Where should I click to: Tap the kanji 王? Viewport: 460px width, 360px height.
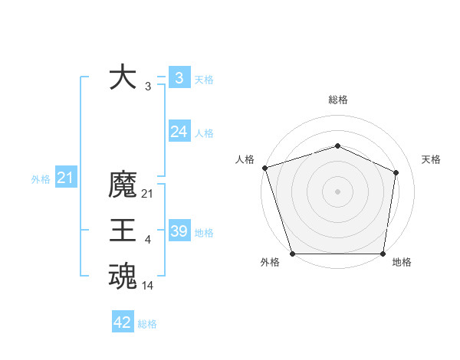(x=123, y=231)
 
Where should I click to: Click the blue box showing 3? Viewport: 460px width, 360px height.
(x=179, y=78)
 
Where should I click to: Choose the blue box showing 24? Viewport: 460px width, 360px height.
(x=179, y=132)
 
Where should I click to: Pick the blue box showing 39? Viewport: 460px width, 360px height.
(x=179, y=231)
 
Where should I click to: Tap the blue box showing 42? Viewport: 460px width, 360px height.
(x=122, y=322)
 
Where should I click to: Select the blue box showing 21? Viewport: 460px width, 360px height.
(x=65, y=178)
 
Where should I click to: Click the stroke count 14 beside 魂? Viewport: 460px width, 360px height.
(x=148, y=286)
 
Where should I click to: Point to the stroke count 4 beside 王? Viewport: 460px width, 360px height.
(x=148, y=240)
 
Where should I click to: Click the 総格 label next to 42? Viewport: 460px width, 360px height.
(x=147, y=323)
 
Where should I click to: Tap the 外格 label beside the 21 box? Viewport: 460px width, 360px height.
(x=41, y=179)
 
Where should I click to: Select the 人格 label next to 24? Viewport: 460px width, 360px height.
(x=204, y=133)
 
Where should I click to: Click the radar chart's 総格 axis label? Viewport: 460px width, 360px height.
(x=337, y=100)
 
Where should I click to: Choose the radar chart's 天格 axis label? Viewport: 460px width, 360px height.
(x=431, y=159)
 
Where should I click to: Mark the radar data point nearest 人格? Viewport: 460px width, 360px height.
(x=264, y=168)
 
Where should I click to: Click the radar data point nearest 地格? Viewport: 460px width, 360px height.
(x=383, y=254)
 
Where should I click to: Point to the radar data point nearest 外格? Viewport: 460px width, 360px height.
(x=292, y=254)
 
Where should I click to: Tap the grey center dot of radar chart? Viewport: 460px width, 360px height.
(x=337, y=191)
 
